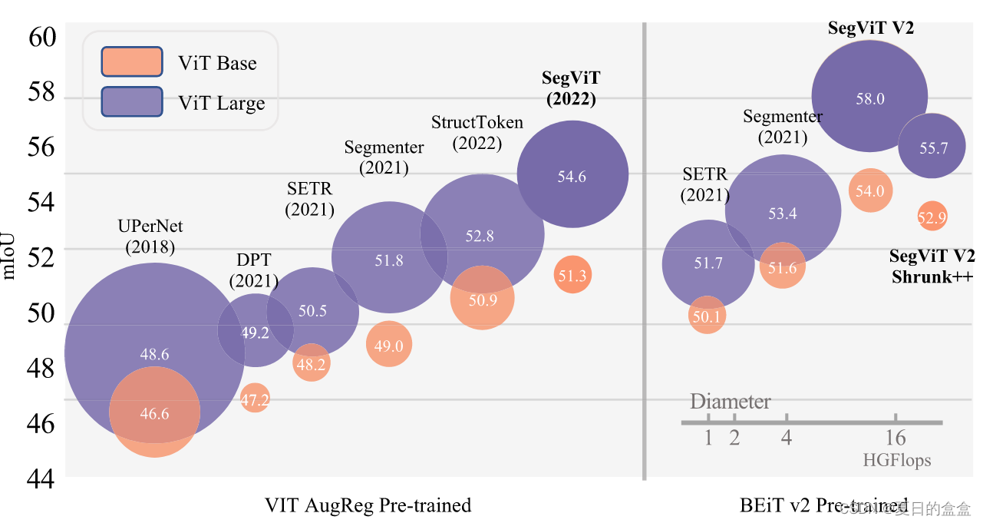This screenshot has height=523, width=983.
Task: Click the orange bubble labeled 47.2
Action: coord(255,398)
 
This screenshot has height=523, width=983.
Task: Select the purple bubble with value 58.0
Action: coord(869,97)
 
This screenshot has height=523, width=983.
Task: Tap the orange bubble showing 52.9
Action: coord(932,217)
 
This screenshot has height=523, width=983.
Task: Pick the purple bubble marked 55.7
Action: coord(932,146)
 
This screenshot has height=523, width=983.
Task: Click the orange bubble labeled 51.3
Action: coord(572,275)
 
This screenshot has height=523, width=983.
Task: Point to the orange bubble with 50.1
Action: coord(707,315)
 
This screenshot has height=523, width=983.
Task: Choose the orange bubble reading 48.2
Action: coord(311,363)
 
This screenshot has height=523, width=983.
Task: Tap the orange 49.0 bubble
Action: coord(389,344)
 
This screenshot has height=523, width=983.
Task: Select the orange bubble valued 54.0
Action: coord(869,190)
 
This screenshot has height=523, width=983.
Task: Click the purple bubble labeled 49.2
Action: coord(255,331)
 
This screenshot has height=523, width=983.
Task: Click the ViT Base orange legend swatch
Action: coord(131,62)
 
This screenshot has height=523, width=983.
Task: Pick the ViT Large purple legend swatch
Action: coord(131,102)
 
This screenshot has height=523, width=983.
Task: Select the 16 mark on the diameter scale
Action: coord(895,438)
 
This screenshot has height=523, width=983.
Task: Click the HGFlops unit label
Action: coord(896,460)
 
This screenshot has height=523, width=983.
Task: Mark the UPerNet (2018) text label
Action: coord(150,237)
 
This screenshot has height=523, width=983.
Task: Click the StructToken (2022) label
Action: coord(477,132)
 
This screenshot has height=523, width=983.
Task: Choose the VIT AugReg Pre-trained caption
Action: coord(368,505)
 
